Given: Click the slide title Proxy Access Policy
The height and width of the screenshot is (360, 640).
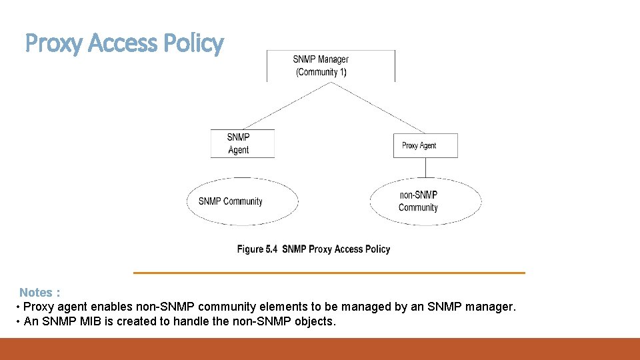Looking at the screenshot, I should point(124,43).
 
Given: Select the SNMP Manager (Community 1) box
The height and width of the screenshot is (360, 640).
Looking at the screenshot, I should point(331,65).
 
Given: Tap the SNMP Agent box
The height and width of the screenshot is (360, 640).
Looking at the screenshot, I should point(242,143).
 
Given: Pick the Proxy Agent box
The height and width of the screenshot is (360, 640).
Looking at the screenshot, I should point(425,145).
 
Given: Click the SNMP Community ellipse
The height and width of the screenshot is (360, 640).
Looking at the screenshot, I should point(242,201).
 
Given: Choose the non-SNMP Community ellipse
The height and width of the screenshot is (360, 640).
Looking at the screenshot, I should point(425,201).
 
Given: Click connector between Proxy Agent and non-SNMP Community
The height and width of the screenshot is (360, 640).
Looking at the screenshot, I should point(425,167).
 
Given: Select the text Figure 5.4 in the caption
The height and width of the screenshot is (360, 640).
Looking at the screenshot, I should point(257,249).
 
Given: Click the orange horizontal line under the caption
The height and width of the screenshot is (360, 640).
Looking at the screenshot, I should point(329,273).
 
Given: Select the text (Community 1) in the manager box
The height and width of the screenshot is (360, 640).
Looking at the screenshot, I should point(321,72).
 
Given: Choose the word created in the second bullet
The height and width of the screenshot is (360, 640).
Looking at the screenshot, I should point(143,322).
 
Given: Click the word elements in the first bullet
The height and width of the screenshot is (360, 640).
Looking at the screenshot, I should point(284,307).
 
